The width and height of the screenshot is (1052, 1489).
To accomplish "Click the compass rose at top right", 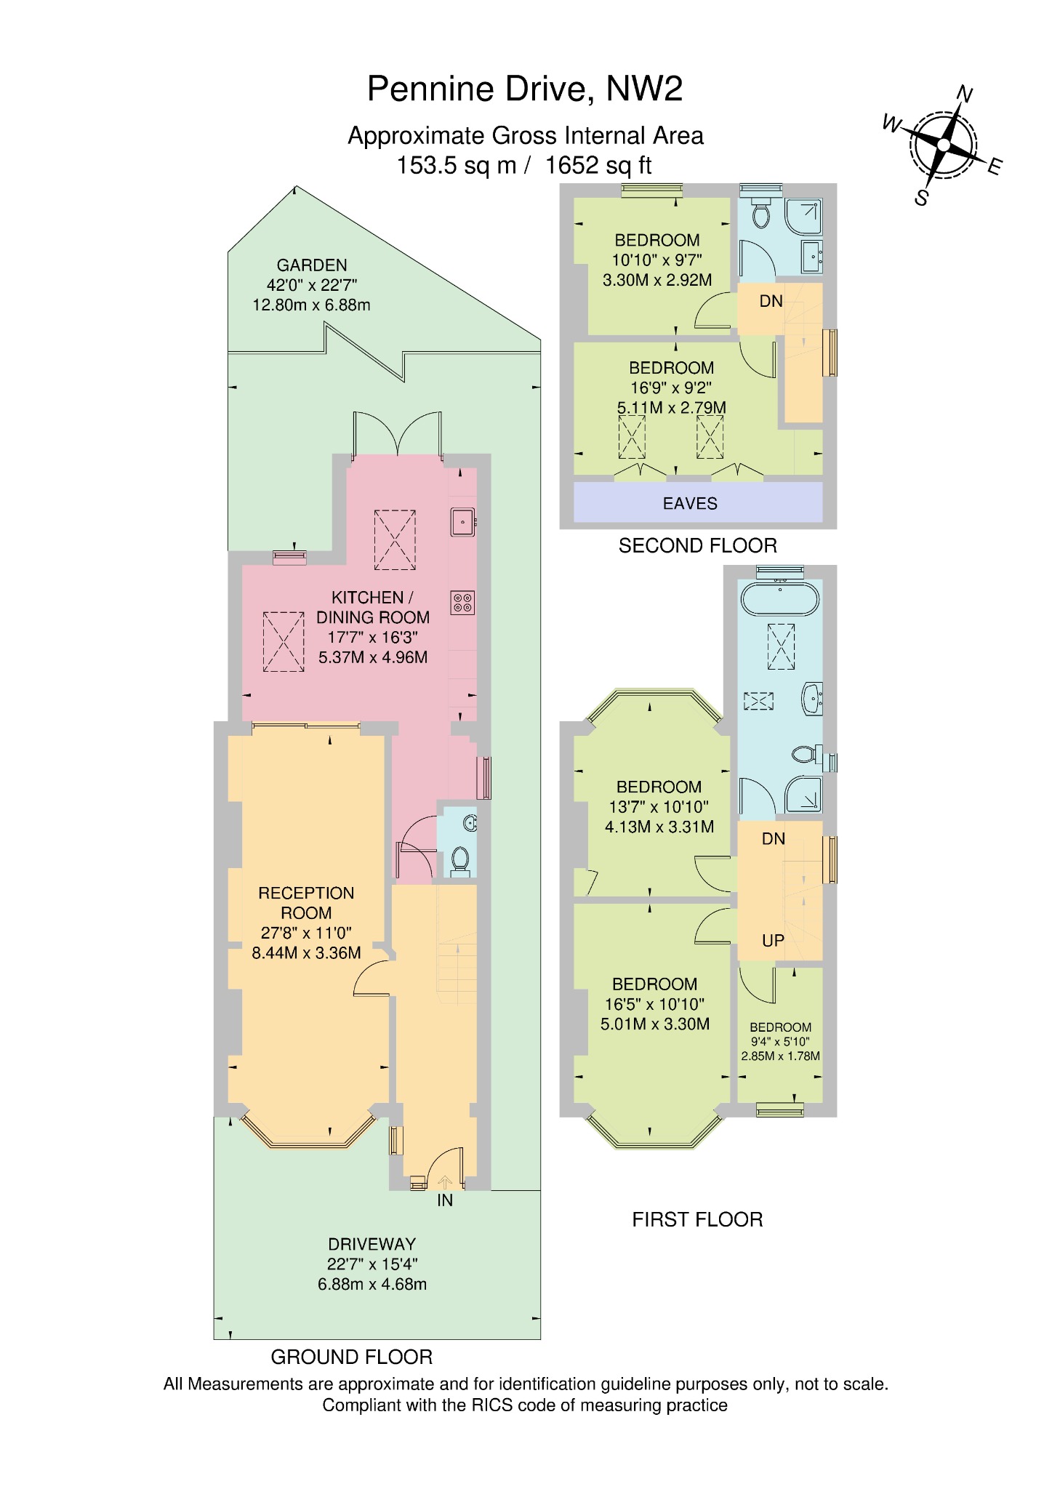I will tap(943, 145).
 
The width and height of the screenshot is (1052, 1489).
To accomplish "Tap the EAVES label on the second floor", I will tap(689, 503).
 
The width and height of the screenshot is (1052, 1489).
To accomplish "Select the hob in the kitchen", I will tap(463, 602).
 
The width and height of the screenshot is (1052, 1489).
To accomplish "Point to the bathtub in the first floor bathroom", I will tap(780, 601).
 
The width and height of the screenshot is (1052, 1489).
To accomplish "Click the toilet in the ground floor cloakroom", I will tap(460, 859).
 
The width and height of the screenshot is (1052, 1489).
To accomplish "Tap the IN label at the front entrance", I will tap(445, 1200).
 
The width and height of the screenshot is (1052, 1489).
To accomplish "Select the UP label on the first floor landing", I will tap(773, 941).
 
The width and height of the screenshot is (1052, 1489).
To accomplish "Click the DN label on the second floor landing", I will tap(771, 301).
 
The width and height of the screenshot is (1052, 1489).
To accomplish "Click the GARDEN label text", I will tap(312, 265).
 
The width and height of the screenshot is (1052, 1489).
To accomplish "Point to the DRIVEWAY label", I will tap(372, 1244).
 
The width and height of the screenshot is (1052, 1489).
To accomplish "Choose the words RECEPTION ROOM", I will tap(306, 903).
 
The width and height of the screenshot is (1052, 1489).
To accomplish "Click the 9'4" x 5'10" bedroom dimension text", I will tap(780, 1042).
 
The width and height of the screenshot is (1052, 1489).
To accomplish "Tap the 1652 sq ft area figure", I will tap(598, 166).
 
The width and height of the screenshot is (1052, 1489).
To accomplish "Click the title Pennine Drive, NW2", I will tap(525, 89).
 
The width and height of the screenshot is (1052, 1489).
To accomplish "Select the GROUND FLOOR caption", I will tap(351, 1357).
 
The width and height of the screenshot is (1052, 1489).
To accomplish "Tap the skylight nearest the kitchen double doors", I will tap(395, 540).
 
